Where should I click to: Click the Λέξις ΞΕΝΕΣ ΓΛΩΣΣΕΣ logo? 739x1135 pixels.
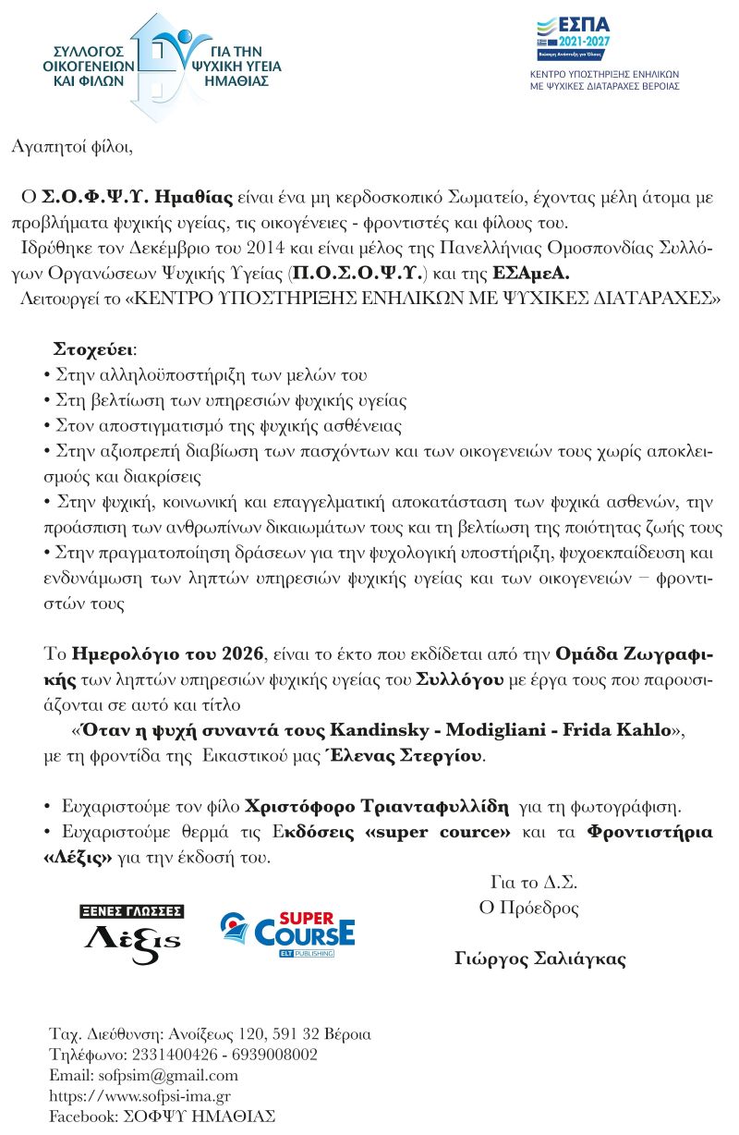132,934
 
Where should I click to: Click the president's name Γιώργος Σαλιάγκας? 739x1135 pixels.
540,958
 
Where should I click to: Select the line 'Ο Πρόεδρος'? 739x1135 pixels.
528,908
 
